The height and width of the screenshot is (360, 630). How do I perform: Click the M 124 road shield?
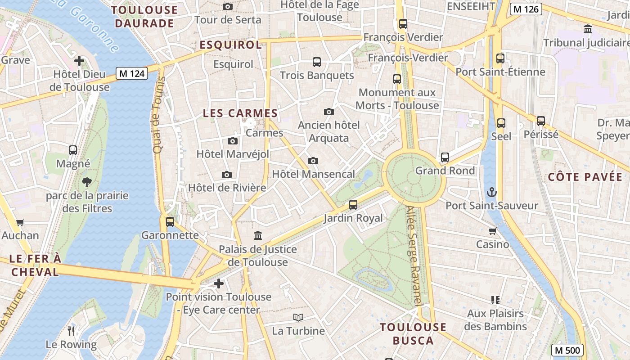[x=132, y=73]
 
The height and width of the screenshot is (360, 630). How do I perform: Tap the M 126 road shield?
[x=526, y=9]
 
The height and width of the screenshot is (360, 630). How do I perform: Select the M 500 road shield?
[x=567, y=350]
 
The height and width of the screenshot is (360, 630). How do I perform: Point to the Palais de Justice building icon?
[x=258, y=235]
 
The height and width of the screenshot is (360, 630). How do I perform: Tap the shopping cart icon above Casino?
[x=492, y=231]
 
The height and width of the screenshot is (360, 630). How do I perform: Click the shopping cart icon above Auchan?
[x=20, y=222]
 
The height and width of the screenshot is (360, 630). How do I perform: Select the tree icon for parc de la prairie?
[x=87, y=182]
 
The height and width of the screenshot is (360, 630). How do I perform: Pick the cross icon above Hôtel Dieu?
[x=79, y=60]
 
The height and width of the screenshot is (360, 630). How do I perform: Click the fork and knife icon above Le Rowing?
[x=71, y=331]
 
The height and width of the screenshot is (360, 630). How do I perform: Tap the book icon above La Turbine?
[x=298, y=317]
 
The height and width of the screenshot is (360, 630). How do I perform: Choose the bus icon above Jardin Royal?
[x=353, y=205]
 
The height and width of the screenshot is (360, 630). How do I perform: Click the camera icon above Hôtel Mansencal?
[x=313, y=161]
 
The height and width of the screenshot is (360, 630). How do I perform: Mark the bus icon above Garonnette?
[x=170, y=221]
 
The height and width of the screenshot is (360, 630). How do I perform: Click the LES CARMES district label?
[x=240, y=113]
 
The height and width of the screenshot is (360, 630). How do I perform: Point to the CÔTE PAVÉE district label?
[x=585, y=177]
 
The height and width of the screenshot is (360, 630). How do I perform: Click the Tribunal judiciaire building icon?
[x=587, y=29]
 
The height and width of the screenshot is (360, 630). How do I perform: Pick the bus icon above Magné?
[x=73, y=150]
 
